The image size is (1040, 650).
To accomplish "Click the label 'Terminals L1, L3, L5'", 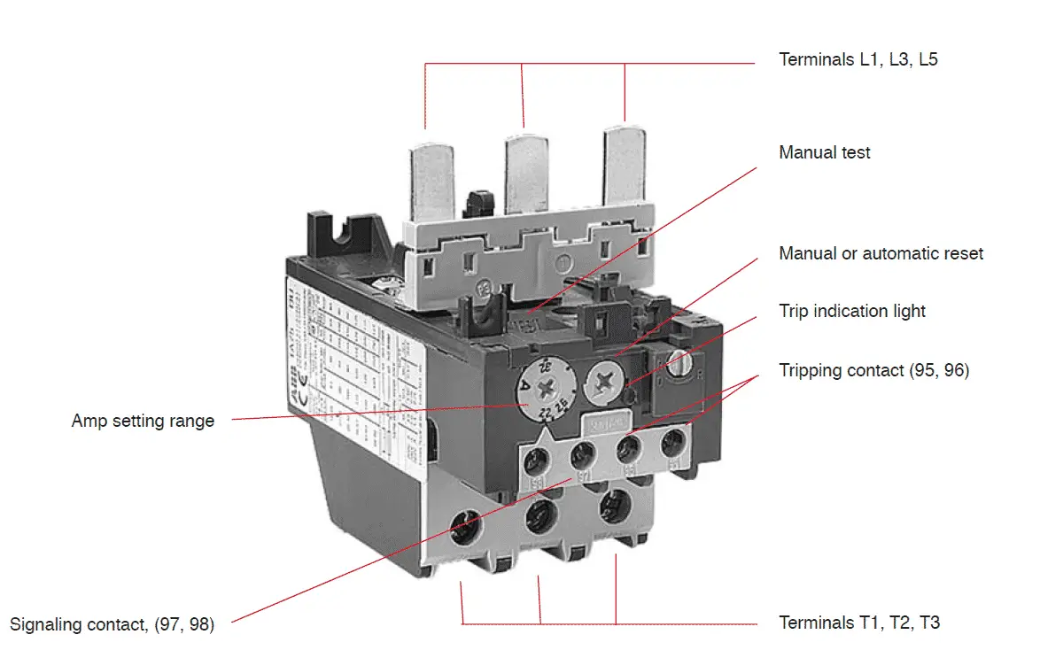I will click(858, 60).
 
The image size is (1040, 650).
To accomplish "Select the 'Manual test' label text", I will click(824, 152).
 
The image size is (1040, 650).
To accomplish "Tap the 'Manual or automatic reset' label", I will click(881, 253).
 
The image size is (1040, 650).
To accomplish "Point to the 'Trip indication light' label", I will click(851, 311).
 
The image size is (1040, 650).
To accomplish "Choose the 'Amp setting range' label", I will click(143, 421).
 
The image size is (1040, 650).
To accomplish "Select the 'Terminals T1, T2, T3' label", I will click(858, 623).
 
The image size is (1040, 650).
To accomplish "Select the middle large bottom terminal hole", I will click(539, 514).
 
